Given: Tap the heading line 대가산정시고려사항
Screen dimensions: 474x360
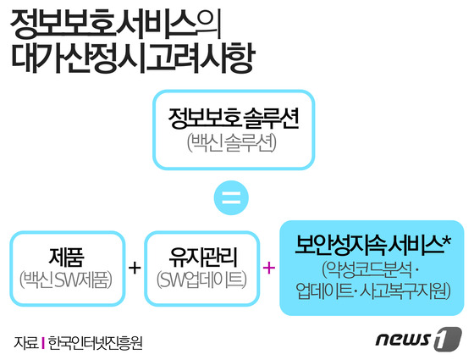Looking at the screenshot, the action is coord(134,58).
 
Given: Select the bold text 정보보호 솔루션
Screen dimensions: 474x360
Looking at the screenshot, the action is coord(234,119).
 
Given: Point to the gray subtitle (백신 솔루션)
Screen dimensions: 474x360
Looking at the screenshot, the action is coord(232,142).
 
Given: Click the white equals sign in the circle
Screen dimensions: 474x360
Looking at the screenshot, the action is coord(231,197).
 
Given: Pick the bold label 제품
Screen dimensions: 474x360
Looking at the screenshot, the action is coord(66,257).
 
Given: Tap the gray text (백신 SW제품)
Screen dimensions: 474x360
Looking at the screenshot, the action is coord(66,280).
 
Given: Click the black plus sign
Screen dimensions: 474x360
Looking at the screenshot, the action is coord(135,268).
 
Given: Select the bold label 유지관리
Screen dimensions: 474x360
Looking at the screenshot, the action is coord(203,257).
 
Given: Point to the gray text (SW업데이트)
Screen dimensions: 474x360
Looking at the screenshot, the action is coord(202,280).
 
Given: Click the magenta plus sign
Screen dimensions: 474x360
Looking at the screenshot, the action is coord(269,268).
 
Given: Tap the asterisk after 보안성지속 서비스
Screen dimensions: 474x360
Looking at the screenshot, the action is coord(447,241).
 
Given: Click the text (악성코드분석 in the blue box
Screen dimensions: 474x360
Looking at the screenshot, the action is coord(367,270).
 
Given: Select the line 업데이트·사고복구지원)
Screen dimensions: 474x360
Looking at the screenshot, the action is coord(373,291).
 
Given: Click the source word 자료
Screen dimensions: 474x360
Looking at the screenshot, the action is coord(26,343).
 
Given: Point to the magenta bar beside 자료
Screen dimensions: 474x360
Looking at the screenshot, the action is coord(43,343).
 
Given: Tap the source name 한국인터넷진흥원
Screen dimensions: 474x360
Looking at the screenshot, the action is coord(95,343).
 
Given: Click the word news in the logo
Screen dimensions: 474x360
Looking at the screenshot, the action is coord(404,340).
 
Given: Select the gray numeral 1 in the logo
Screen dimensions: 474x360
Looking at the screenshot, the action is coord(448,339).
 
